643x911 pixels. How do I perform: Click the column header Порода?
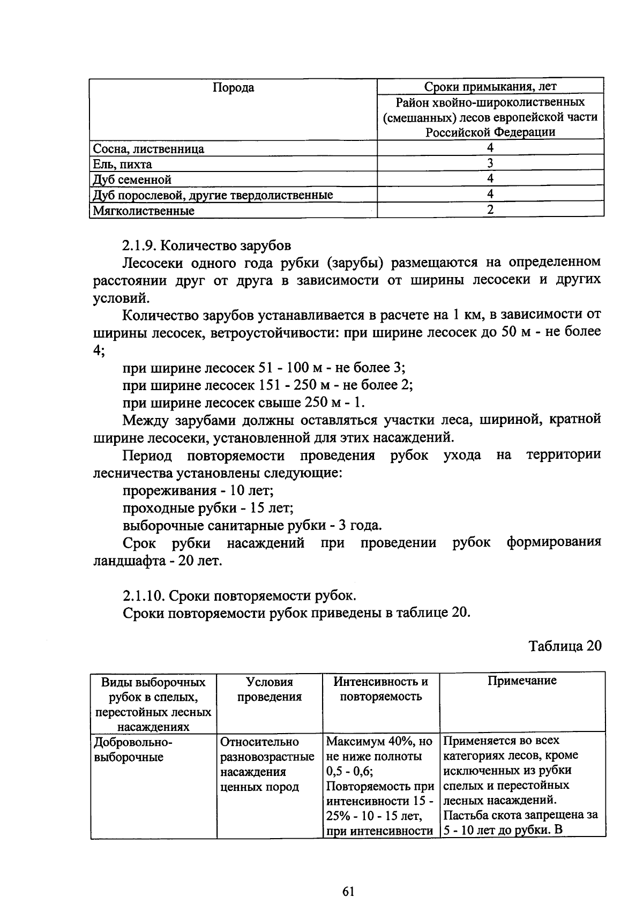point(233,88)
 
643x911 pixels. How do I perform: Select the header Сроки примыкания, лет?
point(490,87)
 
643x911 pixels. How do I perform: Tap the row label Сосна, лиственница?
point(148,149)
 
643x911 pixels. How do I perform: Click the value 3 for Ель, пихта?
point(490,163)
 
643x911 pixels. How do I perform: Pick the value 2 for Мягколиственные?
point(490,210)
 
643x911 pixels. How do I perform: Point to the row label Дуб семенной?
point(132,180)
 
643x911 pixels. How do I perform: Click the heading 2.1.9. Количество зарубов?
point(207,245)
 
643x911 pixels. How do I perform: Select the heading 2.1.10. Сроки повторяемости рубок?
point(239,595)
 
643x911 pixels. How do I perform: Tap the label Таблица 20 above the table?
point(565,645)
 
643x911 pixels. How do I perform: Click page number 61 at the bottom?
point(348,892)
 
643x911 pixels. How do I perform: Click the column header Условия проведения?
point(269,689)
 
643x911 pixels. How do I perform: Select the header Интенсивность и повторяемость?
point(380,689)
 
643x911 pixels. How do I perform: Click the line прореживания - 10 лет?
point(198,490)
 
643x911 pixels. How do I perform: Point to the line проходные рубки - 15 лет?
point(208,507)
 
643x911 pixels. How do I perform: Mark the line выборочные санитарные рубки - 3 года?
point(252,525)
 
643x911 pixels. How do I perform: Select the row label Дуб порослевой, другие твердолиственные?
point(213,195)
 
